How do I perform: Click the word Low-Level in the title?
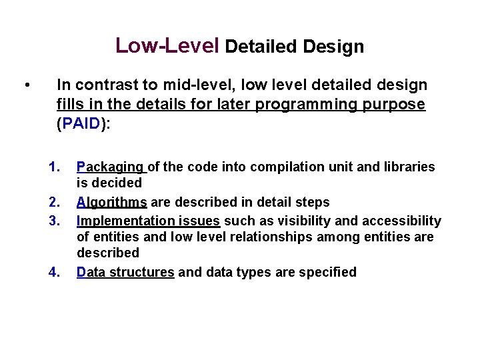[167, 45]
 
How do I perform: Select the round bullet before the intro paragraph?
[25, 85]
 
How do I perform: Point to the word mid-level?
[197, 85]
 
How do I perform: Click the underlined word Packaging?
[110, 167]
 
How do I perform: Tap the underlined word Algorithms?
[112, 202]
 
